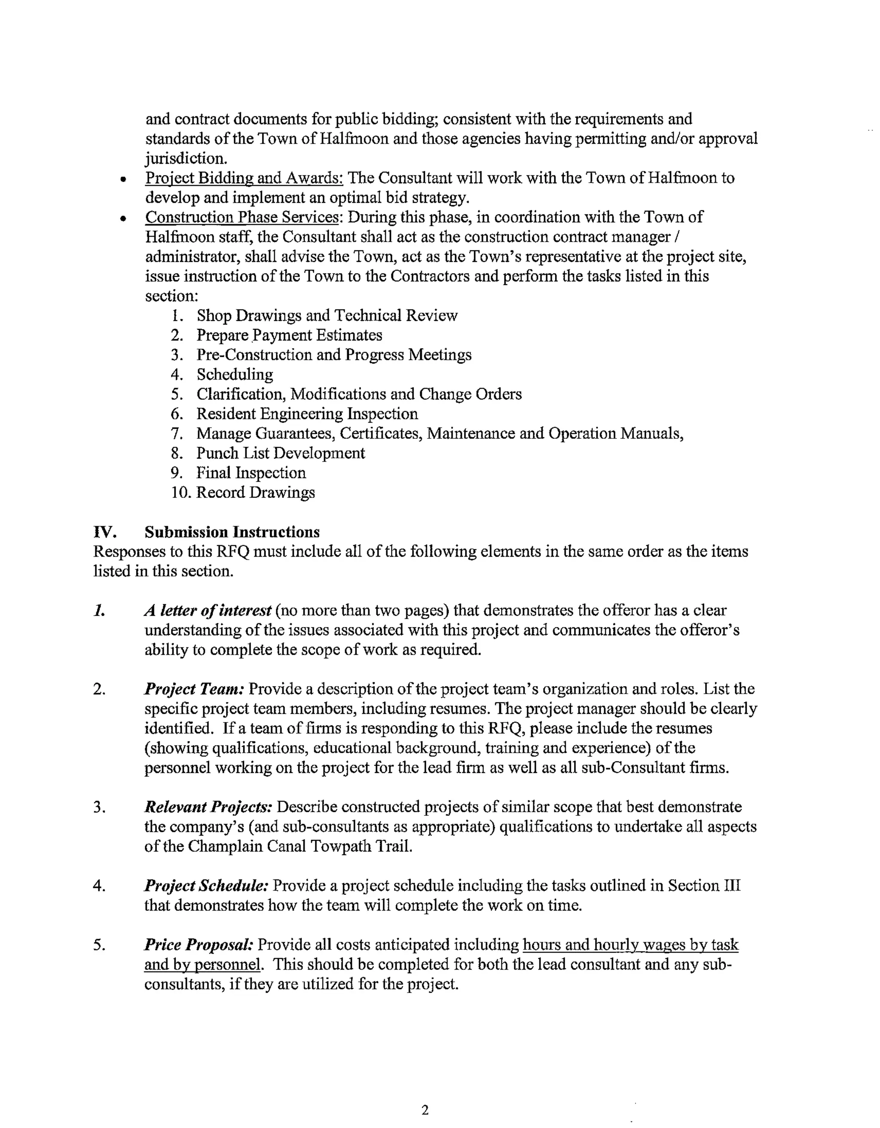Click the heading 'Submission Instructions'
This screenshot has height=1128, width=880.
[x=232, y=532]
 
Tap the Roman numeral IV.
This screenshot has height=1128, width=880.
[x=103, y=532]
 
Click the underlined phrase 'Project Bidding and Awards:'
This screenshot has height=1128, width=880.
[x=244, y=178]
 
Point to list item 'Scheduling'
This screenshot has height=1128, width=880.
[x=235, y=374]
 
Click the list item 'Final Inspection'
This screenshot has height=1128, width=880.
[x=251, y=473]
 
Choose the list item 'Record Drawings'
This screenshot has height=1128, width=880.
[x=255, y=492]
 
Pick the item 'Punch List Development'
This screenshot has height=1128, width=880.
[x=281, y=453]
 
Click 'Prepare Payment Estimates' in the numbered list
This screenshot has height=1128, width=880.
[x=289, y=335]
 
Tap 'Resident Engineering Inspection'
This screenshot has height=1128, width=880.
[x=307, y=413]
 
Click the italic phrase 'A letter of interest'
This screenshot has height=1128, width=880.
[x=208, y=611]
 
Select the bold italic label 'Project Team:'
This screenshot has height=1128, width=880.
[x=194, y=689]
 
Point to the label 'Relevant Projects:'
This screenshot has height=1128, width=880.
[x=208, y=807]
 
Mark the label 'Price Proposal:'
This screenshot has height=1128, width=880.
[x=199, y=945]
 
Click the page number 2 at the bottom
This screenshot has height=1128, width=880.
[x=425, y=1110]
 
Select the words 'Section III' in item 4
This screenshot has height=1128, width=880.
[x=704, y=886]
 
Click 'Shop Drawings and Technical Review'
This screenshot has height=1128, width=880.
[x=327, y=316]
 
